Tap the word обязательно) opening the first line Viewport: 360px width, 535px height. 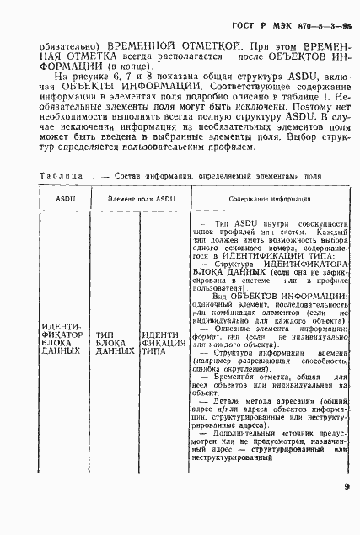59,40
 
